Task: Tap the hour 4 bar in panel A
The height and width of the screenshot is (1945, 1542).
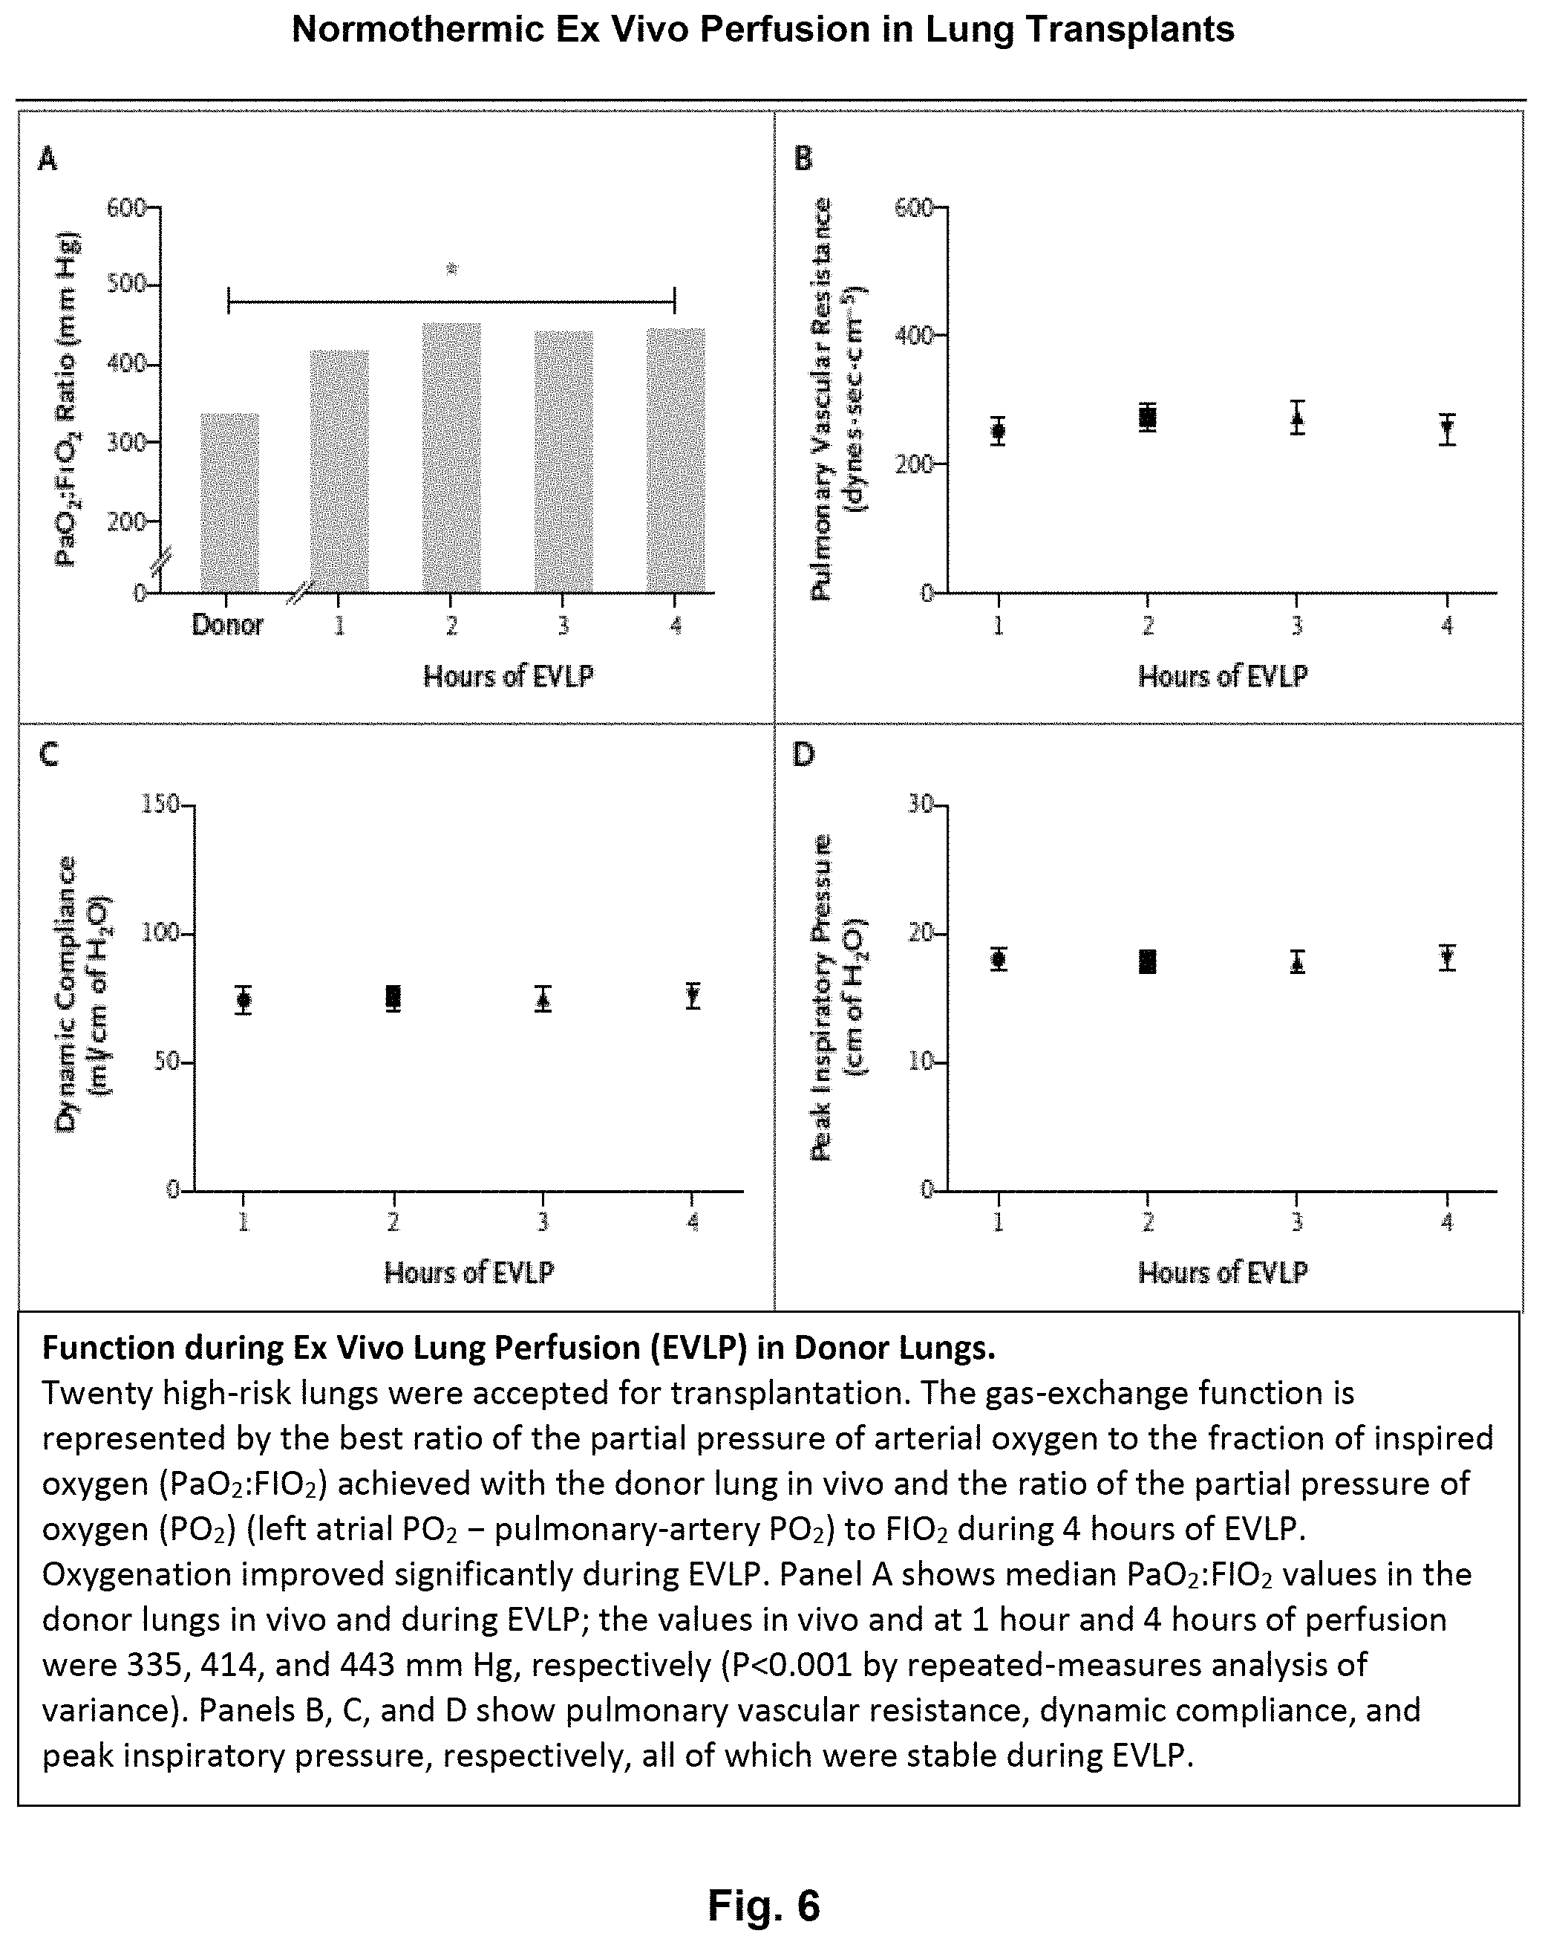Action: click(x=676, y=460)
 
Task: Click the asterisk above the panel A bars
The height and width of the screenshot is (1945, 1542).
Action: click(x=452, y=269)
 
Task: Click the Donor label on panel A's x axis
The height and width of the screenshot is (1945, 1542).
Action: click(x=227, y=624)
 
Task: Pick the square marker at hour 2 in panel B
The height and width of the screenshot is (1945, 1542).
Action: click(x=1147, y=418)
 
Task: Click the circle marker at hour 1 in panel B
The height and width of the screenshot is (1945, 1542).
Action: click(x=997, y=431)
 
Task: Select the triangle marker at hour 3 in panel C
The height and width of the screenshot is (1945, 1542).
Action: click(x=543, y=999)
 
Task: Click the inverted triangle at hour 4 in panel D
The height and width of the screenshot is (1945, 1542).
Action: click(x=1447, y=958)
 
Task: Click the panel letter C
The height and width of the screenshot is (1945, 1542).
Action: click(x=49, y=754)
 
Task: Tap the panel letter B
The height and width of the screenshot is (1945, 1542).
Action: click(x=803, y=159)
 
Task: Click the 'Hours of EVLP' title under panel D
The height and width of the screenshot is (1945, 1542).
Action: click(x=1222, y=1272)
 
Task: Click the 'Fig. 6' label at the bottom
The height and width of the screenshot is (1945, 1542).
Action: click(x=764, y=1904)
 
